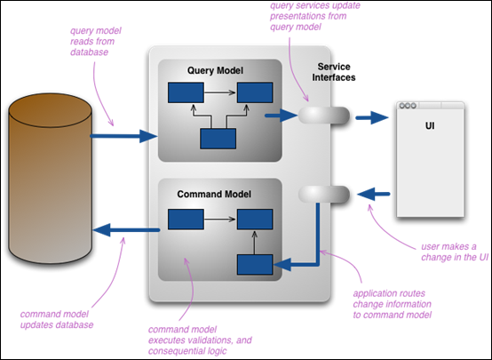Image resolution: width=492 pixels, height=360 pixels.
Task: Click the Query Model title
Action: [x=215, y=70]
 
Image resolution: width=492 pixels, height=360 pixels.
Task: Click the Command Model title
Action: [x=214, y=194]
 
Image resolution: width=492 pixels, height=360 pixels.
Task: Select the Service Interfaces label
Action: [x=334, y=72]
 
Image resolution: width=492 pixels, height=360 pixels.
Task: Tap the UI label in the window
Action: [x=430, y=125]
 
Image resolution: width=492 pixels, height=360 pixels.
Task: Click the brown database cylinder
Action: [x=51, y=179]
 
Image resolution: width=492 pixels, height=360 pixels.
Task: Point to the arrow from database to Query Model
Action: [x=123, y=136]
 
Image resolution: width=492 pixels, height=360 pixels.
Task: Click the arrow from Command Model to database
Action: [x=126, y=230]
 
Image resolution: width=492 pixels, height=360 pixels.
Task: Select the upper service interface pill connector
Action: [x=324, y=116]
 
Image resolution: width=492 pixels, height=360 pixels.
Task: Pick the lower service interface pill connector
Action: [x=324, y=194]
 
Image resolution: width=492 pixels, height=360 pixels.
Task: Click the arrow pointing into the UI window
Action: [x=372, y=118]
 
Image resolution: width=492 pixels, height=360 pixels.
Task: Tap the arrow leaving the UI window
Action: [x=373, y=194]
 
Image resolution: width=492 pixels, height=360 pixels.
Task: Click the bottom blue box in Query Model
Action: [x=218, y=139]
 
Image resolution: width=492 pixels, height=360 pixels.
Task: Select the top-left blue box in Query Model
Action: [x=186, y=92]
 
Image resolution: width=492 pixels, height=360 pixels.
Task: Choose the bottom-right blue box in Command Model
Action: [x=255, y=265]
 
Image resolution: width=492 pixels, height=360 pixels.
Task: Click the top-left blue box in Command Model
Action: [x=186, y=220]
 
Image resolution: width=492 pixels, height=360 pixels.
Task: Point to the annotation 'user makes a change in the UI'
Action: [x=455, y=252]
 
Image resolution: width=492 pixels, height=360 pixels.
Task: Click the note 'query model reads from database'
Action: [x=96, y=42]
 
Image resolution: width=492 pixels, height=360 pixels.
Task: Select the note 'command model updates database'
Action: [x=57, y=319]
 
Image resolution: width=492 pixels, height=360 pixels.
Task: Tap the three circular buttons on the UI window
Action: [x=408, y=106]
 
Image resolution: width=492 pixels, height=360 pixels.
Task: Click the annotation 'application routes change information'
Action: [x=393, y=304]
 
